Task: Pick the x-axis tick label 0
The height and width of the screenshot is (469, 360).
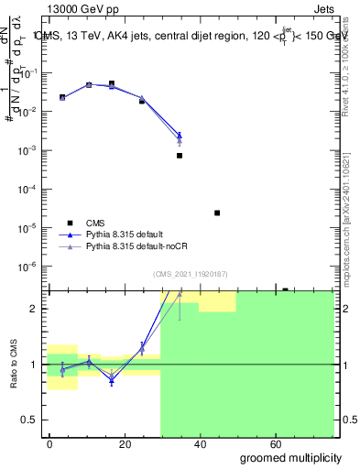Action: click(x=49, y=443)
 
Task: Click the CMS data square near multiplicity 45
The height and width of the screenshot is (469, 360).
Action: click(x=217, y=213)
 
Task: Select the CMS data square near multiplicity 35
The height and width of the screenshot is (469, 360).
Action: click(x=180, y=156)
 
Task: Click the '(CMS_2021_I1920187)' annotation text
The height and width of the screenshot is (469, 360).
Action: click(x=188, y=274)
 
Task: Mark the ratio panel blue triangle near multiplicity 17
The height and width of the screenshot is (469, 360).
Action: click(x=112, y=380)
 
